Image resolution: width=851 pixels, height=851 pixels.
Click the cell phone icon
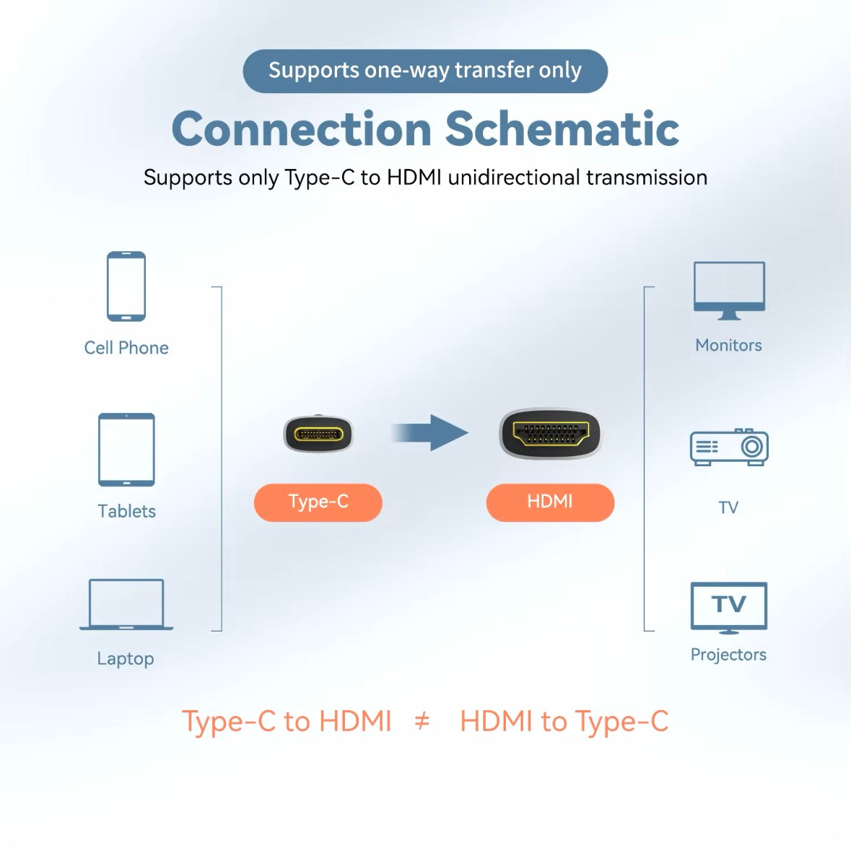126,286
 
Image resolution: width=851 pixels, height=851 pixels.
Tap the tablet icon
126,449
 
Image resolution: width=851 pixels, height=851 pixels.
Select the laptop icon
126,605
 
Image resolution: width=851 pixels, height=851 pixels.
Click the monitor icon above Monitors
729,290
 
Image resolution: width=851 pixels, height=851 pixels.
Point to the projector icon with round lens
729,448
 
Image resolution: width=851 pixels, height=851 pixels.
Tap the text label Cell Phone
126,348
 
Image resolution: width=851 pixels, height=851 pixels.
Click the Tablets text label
127,511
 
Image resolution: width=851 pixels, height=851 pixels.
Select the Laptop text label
126,658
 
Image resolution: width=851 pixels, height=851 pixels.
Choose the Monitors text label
728,345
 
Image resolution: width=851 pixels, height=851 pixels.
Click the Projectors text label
728,655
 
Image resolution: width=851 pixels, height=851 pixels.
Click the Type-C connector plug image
318,435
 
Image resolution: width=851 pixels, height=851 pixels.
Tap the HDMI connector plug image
550,435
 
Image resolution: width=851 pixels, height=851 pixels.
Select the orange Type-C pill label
318,502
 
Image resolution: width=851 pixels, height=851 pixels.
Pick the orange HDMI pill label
550,502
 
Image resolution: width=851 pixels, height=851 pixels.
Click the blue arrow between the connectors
431,433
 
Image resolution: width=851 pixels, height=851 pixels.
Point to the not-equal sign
422,720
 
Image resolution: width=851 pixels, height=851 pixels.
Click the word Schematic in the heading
562,129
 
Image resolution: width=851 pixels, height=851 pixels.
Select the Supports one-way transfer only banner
425,71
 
